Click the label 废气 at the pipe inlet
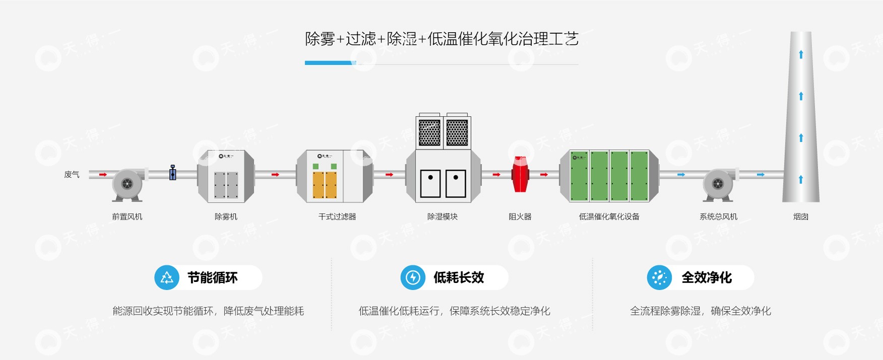pos(72,175)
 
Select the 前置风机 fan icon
pos(127,184)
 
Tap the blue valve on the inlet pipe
pos(173,173)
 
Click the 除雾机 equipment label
pos(226,217)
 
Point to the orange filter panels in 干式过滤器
pos(325,185)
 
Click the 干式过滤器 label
pos(337,217)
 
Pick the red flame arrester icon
pos(520,174)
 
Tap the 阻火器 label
pos(520,217)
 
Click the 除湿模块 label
pos(442,217)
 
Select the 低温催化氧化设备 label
pos(609,217)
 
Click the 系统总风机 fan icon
pos(718,184)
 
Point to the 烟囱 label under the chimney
pos(801,217)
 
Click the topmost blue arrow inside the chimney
pos(801,54)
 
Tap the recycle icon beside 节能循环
pos(167,277)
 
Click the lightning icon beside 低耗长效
pos(413,277)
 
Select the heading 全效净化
pos(706,277)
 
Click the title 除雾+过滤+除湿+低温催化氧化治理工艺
pos(441,39)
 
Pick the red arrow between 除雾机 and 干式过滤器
pos(275,175)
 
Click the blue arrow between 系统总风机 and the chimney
pos(761,175)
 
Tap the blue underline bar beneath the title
pos(330,63)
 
